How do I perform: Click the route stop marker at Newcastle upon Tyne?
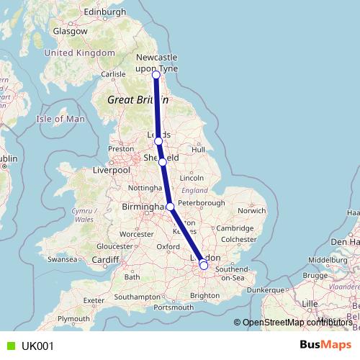click(156, 74)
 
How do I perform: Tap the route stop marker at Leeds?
click(158, 141)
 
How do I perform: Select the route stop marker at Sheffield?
click(163, 162)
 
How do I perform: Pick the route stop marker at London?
click(204, 266)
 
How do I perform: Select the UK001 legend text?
click(37, 346)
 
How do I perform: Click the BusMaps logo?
click(325, 345)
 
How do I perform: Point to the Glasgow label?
click(70, 32)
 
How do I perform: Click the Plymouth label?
click(74, 318)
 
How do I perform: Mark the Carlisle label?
click(114, 73)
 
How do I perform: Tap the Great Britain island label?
click(132, 100)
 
